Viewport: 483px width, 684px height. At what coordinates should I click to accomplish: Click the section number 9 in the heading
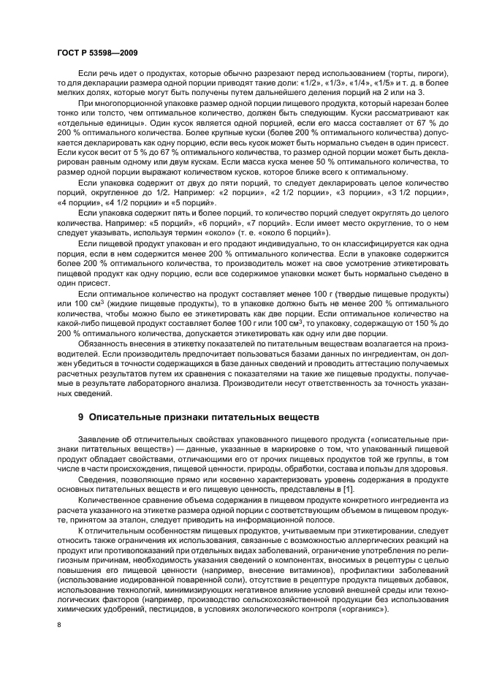pos(81,417)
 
